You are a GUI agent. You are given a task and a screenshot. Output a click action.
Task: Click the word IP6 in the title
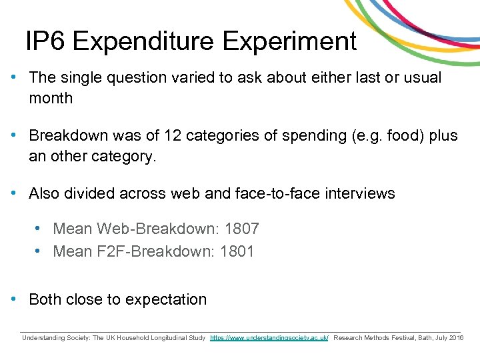(x=45, y=41)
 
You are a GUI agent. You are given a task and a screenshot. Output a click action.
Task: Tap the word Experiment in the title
(x=289, y=41)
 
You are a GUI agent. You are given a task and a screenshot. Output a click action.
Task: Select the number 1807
(x=241, y=229)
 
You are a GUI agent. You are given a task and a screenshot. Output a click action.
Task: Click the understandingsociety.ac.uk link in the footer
(x=269, y=338)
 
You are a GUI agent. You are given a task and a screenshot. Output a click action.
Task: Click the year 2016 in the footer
(x=456, y=338)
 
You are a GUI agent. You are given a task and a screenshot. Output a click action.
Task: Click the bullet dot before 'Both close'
(x=14, y=299)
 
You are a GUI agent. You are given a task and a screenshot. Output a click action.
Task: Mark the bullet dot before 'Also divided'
(x=14, y=193)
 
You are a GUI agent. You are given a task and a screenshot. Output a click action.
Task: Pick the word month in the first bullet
(x=51, y=98)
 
